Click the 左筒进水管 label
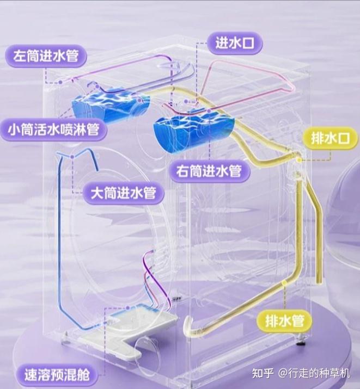[x=46, y=56]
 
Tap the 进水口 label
[x=234, y=43]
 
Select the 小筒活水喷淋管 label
[x=53, y=129]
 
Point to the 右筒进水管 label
[x=209, y=171]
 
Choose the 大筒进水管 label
[x=123, y=193]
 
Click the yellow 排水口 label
[x=330, y=138]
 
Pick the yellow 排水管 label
[x=284, y=321]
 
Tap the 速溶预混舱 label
[x=57, y=375]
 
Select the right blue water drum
[x=194, y=130]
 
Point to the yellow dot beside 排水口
[x=300, y=160]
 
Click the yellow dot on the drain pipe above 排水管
[x=285, y=282]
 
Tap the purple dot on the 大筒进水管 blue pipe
[x=72, y=157]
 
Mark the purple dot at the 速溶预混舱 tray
[x=127, y=308]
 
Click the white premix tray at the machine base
[x=129, y=332]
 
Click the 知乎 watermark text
[x=263, y=373]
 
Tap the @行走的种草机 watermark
[x=314, y=373]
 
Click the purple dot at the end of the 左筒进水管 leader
[x=60, y=82]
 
